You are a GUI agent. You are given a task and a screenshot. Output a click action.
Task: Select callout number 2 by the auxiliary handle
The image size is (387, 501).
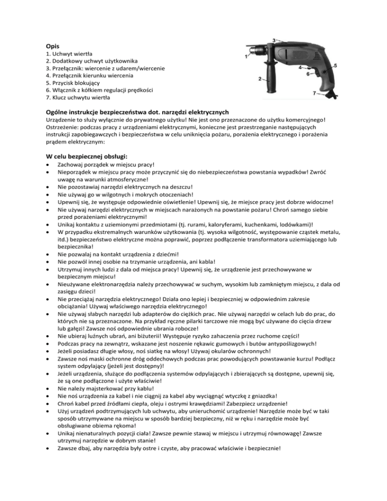259,79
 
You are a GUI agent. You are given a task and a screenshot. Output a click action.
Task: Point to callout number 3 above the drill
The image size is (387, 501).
274,39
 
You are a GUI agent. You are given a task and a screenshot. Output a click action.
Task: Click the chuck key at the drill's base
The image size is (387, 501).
328,95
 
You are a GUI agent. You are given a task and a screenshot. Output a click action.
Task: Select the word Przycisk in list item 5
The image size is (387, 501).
64,83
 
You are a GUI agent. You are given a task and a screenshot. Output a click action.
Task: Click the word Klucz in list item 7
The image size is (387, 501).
61,98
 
